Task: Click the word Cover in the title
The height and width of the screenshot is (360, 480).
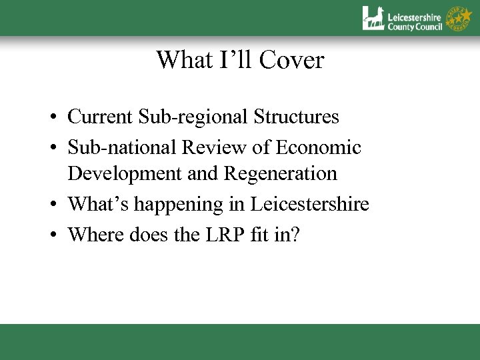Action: (294, 61)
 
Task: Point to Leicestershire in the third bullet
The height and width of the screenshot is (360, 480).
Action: (309, 204)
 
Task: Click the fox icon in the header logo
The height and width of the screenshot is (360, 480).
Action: (373, 18)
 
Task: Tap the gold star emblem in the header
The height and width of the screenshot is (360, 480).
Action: (460, 17)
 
